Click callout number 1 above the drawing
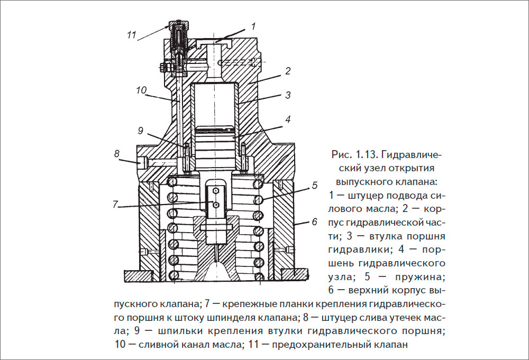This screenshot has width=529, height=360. tap(253, 25)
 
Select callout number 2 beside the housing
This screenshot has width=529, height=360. tap(287, 70)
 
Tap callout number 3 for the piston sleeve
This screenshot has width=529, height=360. tap(288, 96)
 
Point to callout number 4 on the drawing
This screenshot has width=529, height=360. tap(287, 119)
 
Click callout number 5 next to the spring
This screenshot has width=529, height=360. tap(314, 186)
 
